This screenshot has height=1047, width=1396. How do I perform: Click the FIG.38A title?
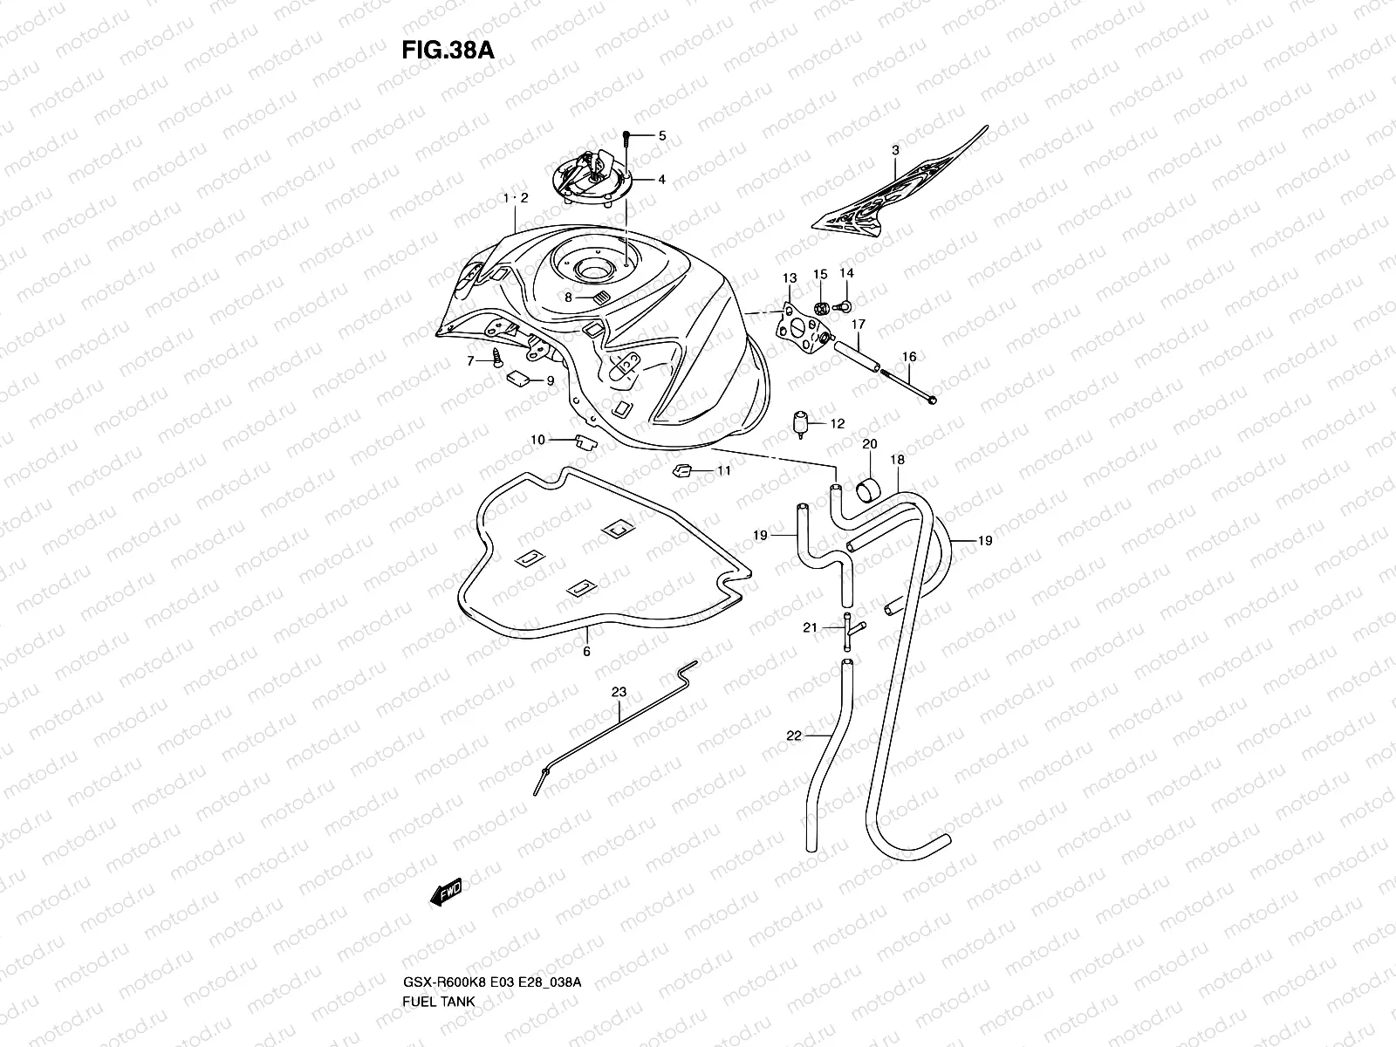(448, 50)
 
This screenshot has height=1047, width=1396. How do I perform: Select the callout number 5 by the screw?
(662, 135)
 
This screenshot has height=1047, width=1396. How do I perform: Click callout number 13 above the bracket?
(789, 278)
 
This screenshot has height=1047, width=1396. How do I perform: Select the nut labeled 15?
(820, 308)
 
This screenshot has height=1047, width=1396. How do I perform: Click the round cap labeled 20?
(869, 489)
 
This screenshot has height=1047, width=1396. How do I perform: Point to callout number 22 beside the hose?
(793, 736)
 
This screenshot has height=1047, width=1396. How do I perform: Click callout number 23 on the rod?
(619, 692)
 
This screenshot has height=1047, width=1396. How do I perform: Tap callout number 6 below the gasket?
(586, 651)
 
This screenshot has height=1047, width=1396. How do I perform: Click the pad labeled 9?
(518, 378)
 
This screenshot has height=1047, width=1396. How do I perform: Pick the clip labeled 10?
(585, 440)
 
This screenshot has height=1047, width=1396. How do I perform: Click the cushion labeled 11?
(682, 472)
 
